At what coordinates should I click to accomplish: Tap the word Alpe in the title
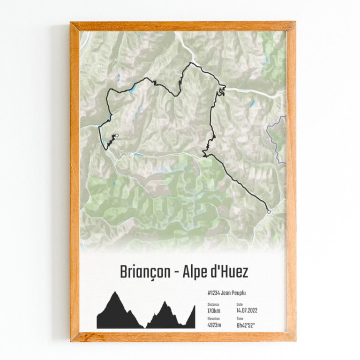(194, 272)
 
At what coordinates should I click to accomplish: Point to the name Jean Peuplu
(234, 293)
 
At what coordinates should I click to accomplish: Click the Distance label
(213, 304)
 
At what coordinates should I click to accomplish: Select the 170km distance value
(214, 310)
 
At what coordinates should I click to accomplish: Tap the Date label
(240, 304)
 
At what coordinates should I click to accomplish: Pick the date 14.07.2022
(247, 310)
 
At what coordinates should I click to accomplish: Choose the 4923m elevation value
(215, 325)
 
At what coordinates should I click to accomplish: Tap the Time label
(240, 319)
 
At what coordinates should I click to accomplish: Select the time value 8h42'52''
(247, 325)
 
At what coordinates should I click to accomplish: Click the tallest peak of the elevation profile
(115, 293)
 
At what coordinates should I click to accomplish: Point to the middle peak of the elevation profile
(164, 302)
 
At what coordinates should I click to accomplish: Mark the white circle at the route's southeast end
(269, 212)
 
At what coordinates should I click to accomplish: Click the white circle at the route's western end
(117, 136)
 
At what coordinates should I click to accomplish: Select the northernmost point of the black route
(190, 63)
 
